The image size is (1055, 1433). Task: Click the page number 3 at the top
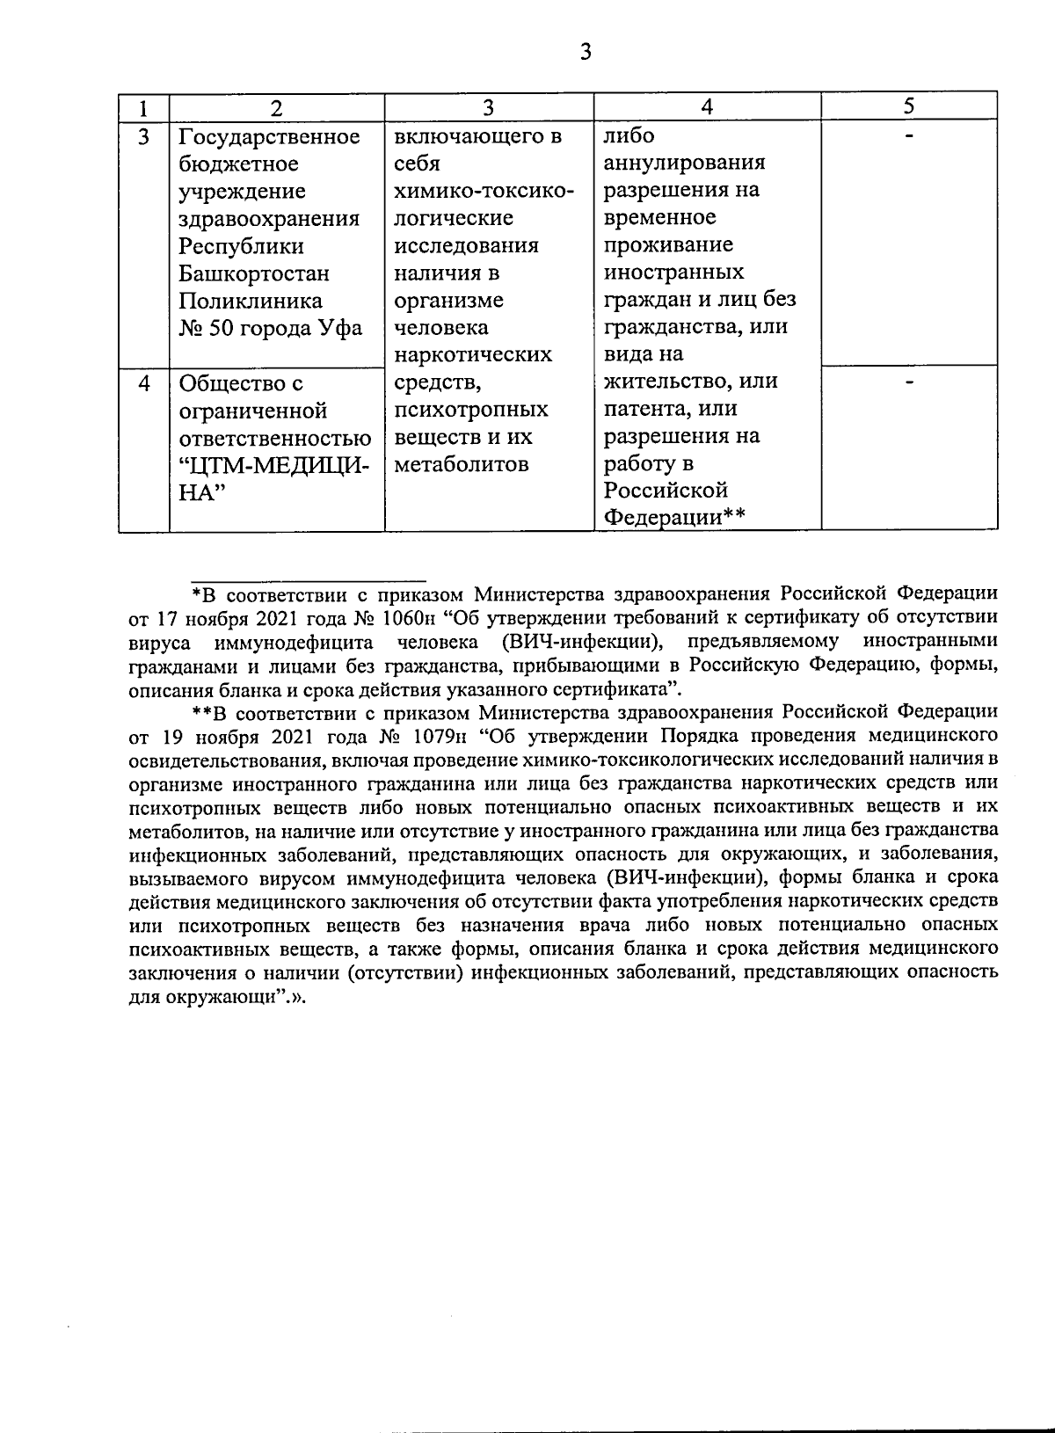click(x=586, y=52)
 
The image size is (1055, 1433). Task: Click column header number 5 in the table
click(x=909, y=106)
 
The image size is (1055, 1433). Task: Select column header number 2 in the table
click(x=276, y=108)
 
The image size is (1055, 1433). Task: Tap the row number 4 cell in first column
click(x=143, y=383)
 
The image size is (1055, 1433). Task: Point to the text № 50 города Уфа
click(x=270, y=329)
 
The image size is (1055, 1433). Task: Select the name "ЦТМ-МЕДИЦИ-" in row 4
click(x=274, y=465)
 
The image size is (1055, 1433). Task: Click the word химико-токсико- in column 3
click(x=484, y=192)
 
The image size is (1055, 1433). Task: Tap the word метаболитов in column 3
click(x=462, y=464)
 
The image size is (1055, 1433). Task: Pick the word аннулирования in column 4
click(x=684, y=163)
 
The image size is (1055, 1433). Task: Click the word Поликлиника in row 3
click(x=250, y=301)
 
